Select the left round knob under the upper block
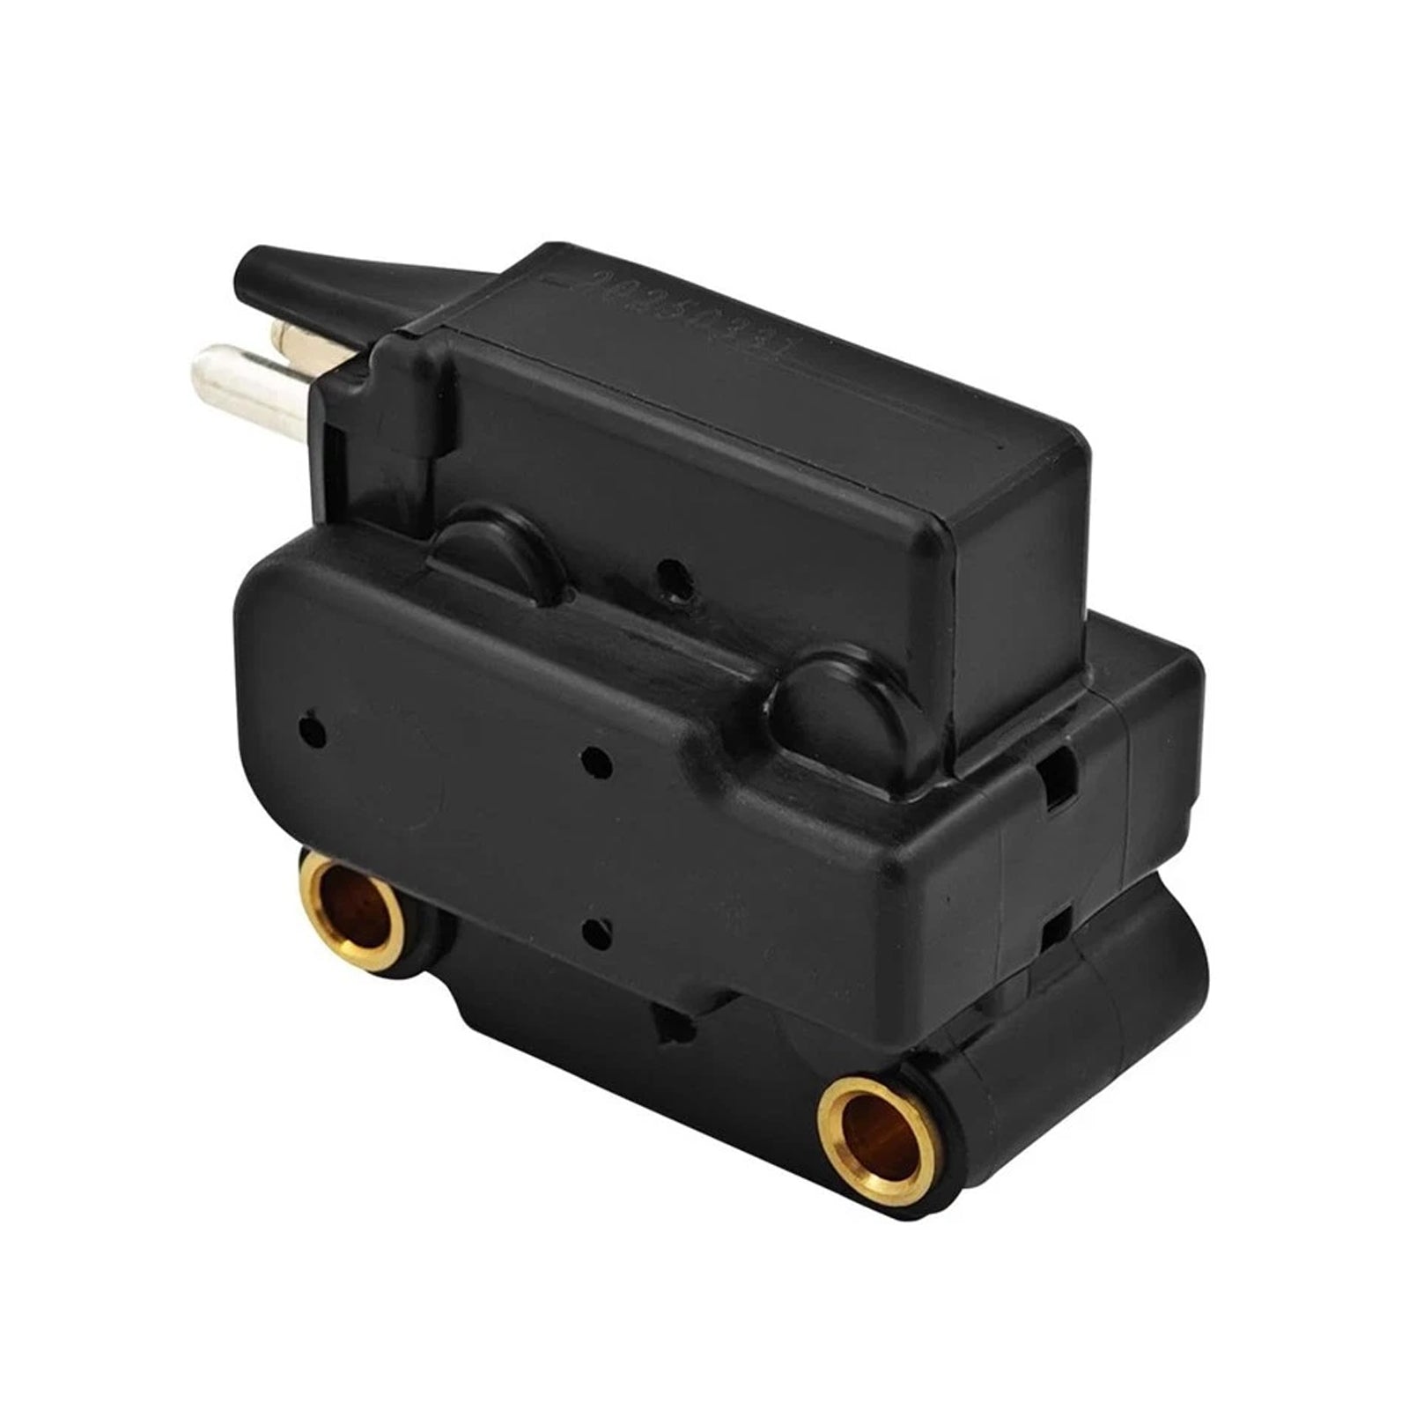point(489,550)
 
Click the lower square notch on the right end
point(1056,925)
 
